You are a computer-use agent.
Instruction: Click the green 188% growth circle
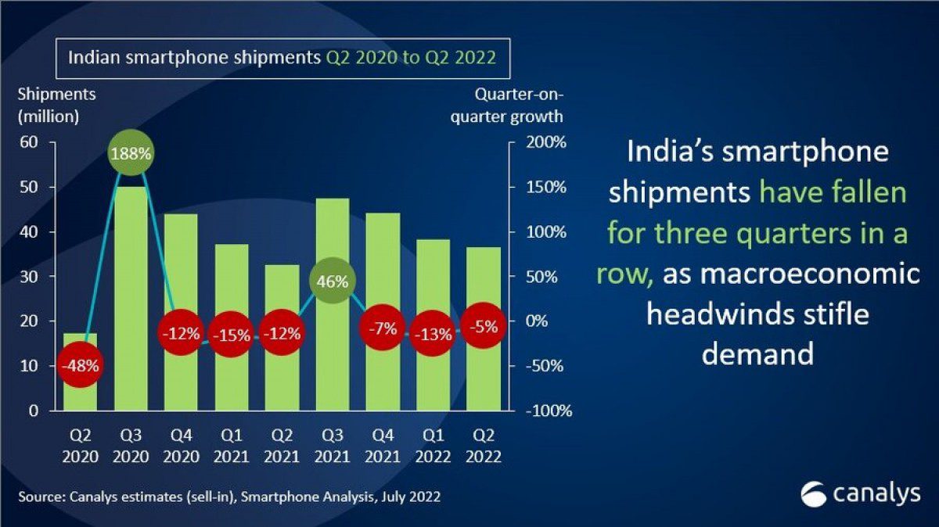(131, 154)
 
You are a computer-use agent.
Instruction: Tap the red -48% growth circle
(81, 365)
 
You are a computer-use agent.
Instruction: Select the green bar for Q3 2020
(131, 305)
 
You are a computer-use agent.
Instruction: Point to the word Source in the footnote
(40, 497)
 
